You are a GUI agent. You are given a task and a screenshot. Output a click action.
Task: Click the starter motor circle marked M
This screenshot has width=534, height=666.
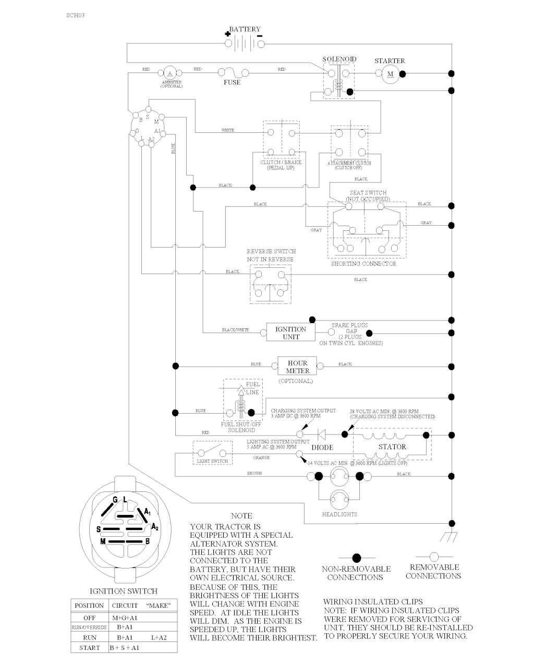click(x=390, y=74)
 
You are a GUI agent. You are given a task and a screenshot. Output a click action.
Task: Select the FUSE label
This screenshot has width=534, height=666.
click(x=232, y=82)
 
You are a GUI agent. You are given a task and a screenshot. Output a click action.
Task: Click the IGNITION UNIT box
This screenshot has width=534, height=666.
click(x=290, y=332)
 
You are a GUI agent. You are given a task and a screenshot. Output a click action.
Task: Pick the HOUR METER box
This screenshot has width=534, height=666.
click(x=297, y=367)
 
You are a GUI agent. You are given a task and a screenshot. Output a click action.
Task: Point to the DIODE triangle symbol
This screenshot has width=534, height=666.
click(x=321, y=434)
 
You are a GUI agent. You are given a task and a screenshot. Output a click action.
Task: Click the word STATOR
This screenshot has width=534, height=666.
click(x=392, y=447)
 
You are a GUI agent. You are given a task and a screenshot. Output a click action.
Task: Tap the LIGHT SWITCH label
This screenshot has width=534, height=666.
click(x=212, y=461)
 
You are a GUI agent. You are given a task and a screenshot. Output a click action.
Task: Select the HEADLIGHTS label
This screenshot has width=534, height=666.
click(x=339, y=514)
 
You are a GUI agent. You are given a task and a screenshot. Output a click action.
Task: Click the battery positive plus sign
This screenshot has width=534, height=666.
click(x=228, y=33)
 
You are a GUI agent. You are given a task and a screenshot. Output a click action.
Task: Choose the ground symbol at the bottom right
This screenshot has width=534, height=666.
click(x=447, y=536)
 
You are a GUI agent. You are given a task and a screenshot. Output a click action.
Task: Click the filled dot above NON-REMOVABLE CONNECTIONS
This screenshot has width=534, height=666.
click(x=357, y=558)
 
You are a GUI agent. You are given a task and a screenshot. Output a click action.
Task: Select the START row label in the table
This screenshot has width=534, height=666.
click(x=90, y=648)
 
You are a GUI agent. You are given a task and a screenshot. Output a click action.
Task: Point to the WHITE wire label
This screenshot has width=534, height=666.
click(x=228, y=130)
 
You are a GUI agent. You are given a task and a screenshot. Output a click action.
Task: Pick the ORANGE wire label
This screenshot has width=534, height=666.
click(x=261, y=458)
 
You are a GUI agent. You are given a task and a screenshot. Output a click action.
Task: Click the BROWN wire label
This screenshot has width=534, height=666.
click(x=254, y=474)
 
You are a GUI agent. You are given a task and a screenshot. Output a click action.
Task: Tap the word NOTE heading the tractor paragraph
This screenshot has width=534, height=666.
click(x=241, y=516)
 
